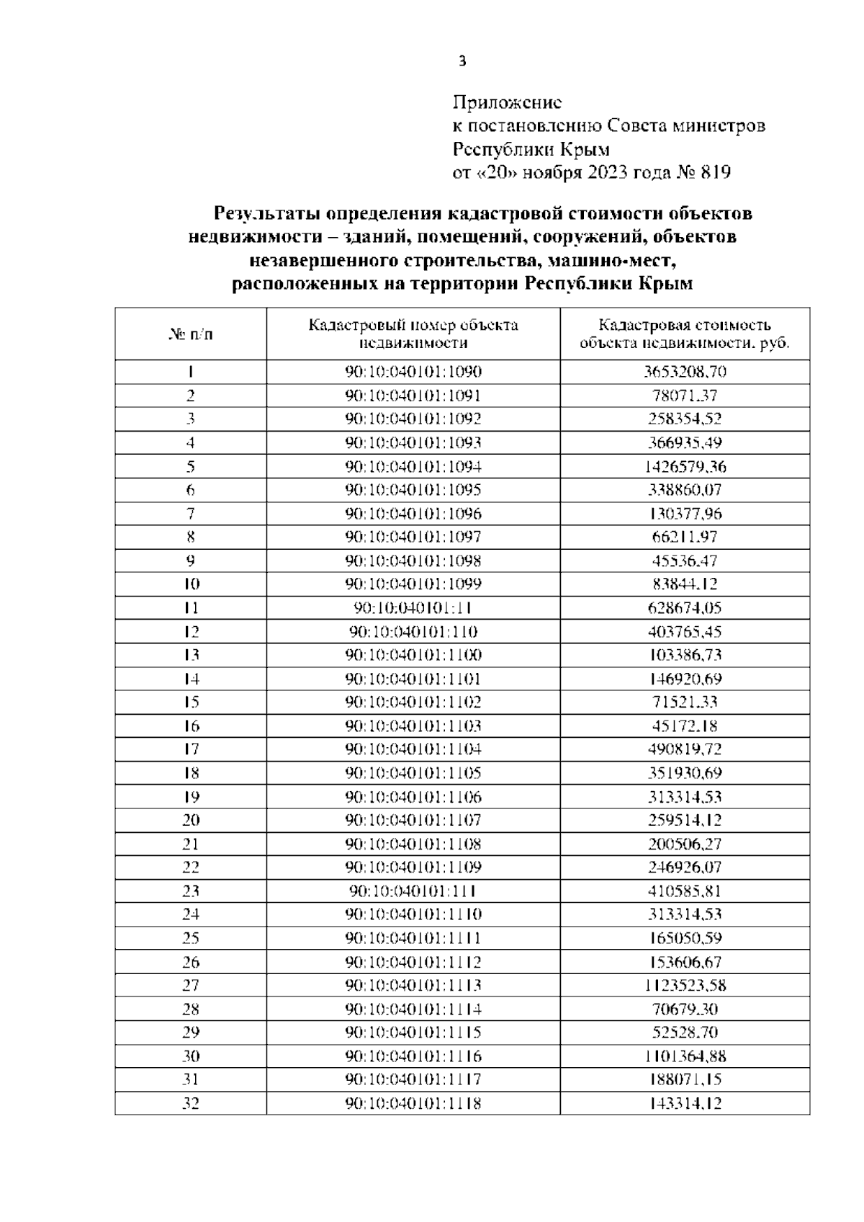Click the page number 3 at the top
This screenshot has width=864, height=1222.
[x=462, y=61]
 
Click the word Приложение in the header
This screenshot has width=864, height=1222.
[x=507, y=102]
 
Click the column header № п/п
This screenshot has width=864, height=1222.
[x=191, y=334]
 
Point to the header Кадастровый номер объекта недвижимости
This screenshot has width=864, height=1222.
[x=413, y=334]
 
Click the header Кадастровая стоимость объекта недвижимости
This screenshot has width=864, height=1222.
[x=685, y=334]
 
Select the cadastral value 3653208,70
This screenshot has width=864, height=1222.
[x=685, y=372]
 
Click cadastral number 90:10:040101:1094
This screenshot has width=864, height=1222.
[x=413, y=466]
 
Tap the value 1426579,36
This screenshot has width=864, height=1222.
[x=685, y=466]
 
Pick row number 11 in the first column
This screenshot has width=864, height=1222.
[x=191, y=607]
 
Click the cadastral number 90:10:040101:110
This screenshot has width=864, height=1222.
[x=413, y=632]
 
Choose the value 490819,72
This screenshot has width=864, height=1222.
[x=685, y=749]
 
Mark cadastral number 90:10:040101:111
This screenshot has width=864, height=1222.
[x=413, y=891]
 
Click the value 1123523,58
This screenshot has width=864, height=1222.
[x=685, y=985]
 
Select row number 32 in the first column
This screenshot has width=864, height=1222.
[x=191, y=1103]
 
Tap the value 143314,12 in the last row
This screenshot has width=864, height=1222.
[x=685, y=1103]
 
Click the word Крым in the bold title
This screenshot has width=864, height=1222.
[x=666, y=283]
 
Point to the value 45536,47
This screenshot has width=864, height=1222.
[x=685, y=561]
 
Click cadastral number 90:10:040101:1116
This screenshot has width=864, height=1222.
[x=413, y=1056]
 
